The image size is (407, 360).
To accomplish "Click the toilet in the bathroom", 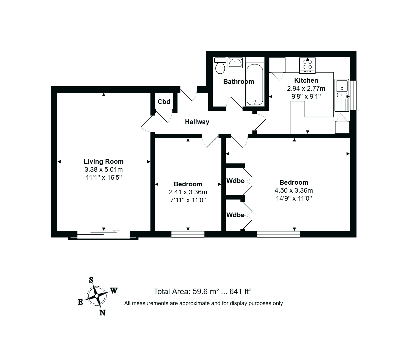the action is click(220, 66).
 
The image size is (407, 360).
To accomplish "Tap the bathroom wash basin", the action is click(235, 63).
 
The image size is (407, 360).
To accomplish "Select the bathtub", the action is click(255, 84).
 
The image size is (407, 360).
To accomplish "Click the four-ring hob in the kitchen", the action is click(307, 66).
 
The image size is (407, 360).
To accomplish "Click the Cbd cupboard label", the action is click(164, 102).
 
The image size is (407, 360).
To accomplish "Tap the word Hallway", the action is click(197, 122).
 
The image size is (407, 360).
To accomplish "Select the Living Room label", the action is click(103, 162).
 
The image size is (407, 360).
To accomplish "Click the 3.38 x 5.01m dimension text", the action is click(103, 170).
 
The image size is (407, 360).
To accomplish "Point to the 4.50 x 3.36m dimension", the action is click(294, 190).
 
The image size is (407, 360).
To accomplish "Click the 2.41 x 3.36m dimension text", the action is click(188, 192).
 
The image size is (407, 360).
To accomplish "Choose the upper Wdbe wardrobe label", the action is click(235, 181).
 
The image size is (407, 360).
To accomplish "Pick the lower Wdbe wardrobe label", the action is click(235, 215).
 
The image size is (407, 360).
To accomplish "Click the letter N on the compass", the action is click(103, 313).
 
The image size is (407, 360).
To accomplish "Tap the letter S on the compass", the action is click(91, 280).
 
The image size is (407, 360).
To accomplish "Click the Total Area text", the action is click(203, 291).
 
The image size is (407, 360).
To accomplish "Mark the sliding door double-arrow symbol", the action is click(117, 230).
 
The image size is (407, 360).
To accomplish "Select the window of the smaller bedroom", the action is click(188, 234).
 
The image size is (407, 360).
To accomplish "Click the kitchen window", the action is click(353, 95).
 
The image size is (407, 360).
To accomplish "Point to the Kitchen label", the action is click(306, 80).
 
